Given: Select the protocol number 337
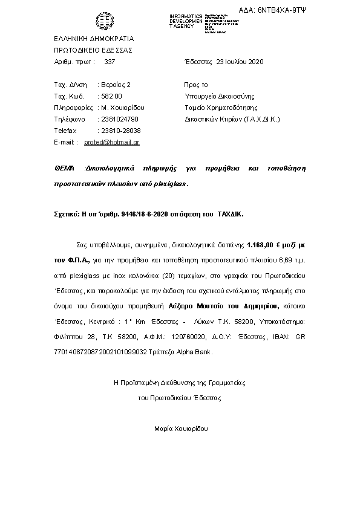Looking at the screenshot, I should click(110, 62).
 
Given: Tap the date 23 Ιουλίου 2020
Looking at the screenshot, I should click(240, 62).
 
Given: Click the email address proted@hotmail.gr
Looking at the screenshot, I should click(112, 142).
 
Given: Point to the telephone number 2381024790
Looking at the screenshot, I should click(120, 119).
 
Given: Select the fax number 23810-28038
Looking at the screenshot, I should click(119, 131).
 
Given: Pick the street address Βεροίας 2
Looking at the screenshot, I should click(114, 85).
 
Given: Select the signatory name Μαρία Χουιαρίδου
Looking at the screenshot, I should click(180, 429).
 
